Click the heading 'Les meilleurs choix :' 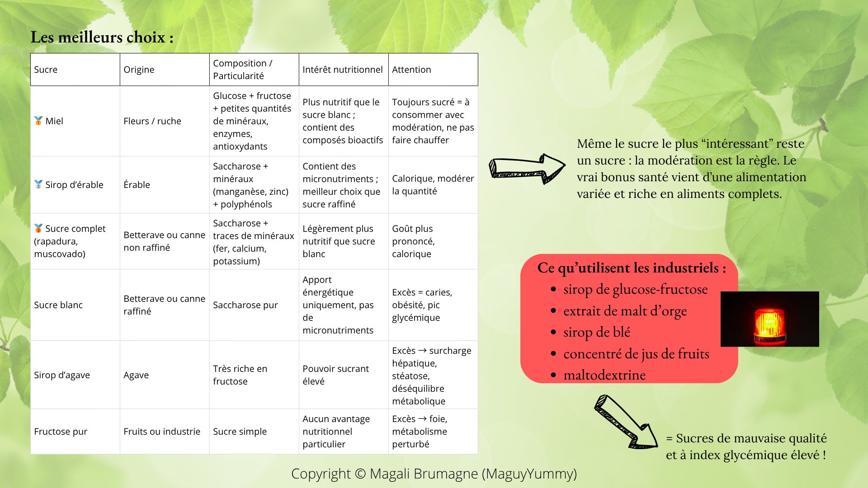pos(102,37)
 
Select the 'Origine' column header pos(139,70)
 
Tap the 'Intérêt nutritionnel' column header pos(342,70)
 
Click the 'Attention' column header pos(411,70)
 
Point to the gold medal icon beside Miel pos(38,121)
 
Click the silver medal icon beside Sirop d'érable pos(38,184)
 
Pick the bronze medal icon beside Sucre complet pos(38,228)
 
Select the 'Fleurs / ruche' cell pos(152,121)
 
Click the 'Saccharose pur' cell pos(245,305)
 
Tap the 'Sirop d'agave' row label pos(61,375)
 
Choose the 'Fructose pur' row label pos(61,432)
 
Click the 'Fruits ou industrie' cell pos(161,432)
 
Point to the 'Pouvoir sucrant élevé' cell pos(335,375)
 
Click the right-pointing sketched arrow pos(527,169)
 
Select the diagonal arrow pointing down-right pos(626,422)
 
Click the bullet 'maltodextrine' pos(604,375)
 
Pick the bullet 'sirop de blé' pos(596,332)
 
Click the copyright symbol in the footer pos(360,474)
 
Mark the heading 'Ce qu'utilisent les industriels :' pos(632,268)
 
